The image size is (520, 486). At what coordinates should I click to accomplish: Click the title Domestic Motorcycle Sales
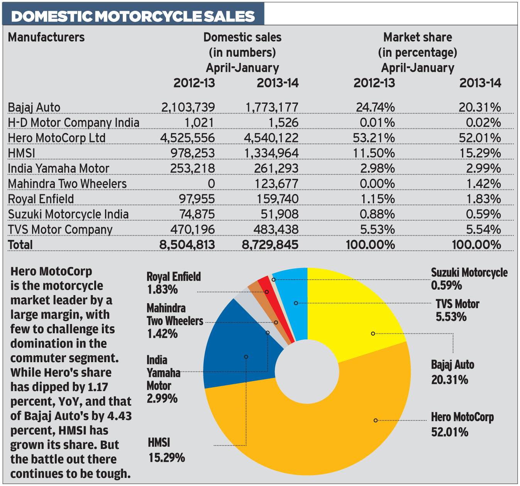point(133,16)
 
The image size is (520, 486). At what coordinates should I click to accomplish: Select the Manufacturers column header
point(46,37)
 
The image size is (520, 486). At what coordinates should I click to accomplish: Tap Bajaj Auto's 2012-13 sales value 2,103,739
point(188,107)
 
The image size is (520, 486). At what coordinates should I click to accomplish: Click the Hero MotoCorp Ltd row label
point(56,138)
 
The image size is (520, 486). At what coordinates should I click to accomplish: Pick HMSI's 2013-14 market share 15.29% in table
point(480,153)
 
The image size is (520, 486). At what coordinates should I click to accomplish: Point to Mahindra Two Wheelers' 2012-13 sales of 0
point(211,184)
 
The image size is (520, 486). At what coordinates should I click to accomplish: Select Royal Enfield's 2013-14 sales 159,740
point(278,199)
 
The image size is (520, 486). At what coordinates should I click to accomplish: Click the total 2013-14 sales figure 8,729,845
point(270,245)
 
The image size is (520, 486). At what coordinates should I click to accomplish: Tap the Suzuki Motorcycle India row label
point(68,214)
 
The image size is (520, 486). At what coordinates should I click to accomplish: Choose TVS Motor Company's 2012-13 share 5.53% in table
point(377,229)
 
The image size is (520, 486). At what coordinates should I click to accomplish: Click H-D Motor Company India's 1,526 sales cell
point(283,123)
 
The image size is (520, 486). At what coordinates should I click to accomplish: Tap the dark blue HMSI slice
point(235,347)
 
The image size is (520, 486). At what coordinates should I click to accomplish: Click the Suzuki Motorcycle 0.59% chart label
point(469,279)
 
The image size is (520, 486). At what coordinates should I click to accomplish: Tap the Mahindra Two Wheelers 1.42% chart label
point(174,321)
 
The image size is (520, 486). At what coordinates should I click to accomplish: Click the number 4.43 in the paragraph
point(120,416)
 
